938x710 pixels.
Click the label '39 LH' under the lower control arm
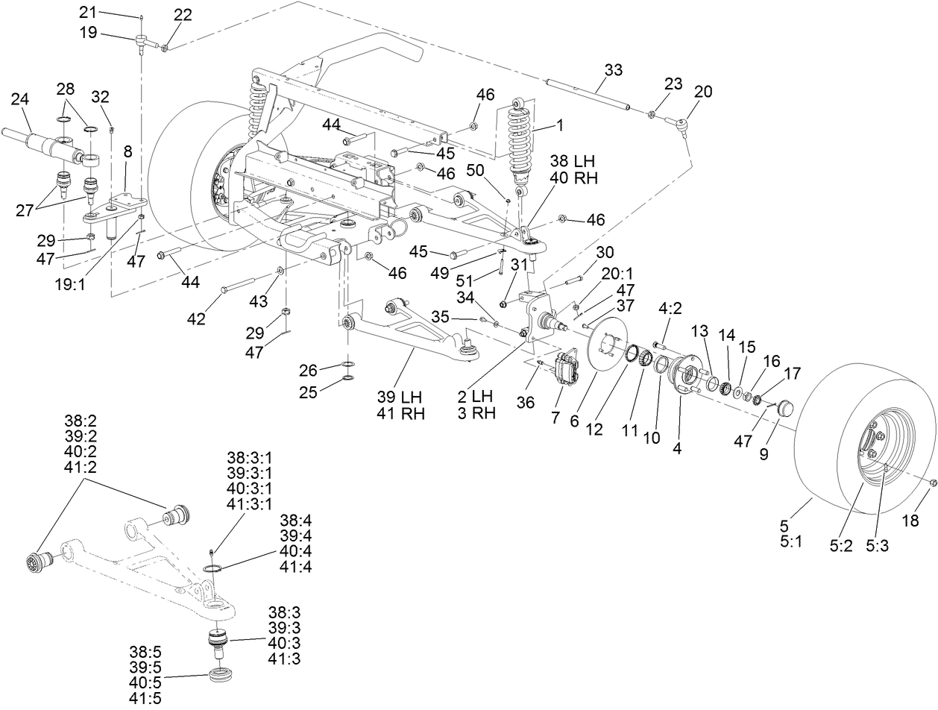(401, 398)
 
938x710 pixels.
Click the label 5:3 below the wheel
(877, 545)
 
